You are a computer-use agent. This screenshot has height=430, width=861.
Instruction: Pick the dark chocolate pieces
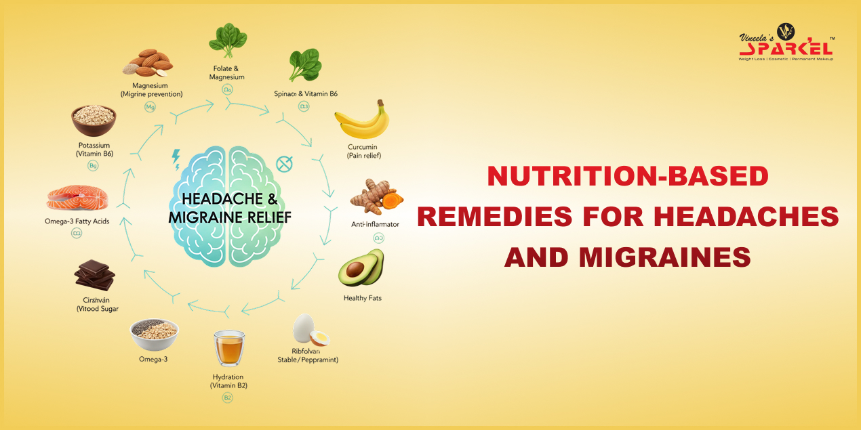tap(94, 276)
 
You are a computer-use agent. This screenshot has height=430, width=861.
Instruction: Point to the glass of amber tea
tap(228, 348)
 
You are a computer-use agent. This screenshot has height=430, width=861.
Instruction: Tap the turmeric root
tap(376, 199)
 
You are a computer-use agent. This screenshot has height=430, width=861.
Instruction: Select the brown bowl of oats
tap(94, 119)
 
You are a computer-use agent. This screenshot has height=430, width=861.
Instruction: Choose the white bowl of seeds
tap(154, 332)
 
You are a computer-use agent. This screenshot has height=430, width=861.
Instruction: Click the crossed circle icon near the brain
tap(283, 163)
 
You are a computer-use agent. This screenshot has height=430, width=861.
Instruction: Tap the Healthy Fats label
tap(363, 298)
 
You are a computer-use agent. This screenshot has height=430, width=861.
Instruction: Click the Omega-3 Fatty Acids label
tap(76, 221)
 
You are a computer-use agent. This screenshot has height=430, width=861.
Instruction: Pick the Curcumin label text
tap(363, 147)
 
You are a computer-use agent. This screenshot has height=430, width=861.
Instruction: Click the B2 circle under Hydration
tap(228, 397)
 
